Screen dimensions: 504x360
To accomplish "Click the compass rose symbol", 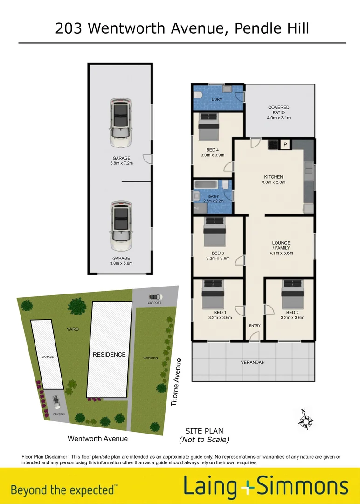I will [x=305, y=420].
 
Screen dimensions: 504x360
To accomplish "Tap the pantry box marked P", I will [x=285, y=145].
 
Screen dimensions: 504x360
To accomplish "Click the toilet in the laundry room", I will [x=198, y=95].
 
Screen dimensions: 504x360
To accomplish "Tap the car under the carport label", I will [x=155, y=296].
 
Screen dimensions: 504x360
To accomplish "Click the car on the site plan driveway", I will [x=57, y=401].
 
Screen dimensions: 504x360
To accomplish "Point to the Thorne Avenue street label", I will [x=176, y=382].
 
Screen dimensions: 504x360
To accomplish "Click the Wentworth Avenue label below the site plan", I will [x=97, y=439].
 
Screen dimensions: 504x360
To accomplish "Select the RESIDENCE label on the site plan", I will [x=109, y=354].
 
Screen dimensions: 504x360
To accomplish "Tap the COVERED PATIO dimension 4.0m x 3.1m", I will [x=279, y=118].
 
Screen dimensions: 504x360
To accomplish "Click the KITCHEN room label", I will [x=273, y=177].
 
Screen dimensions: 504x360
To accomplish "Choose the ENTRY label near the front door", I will [x=255, y=326].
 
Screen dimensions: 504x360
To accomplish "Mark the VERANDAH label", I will [x=253, y=362].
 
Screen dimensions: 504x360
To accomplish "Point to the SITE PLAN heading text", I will [x=204, y=431].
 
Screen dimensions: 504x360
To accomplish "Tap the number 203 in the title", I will [x=69, y=28].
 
